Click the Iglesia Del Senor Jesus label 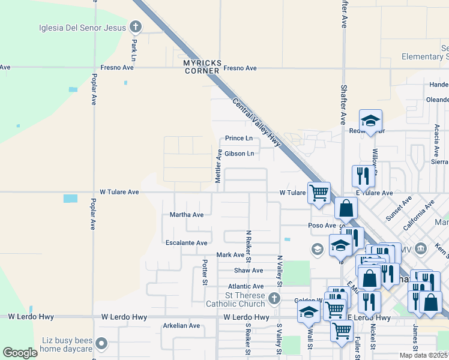(x=82, y=27)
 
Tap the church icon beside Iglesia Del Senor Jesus (x=136, y=26)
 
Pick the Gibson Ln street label (x=240, y=154)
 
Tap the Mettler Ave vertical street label (x=218, y=166)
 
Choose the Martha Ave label (x=187, y=214)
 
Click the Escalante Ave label (x=187, y=243)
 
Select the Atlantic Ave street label (x=246, y=287)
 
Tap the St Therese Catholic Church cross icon (x=274, y=298)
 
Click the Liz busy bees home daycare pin (x=101, y=344)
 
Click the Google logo (x=20, y=353)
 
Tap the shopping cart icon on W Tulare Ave (x=319, y=193)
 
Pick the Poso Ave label (x=322, y=226)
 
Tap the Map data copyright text (x=424, y=355)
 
